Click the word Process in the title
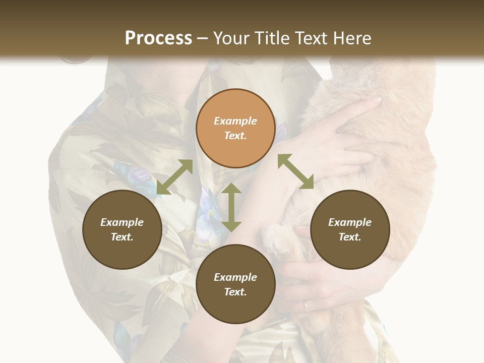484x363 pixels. pos(158,38)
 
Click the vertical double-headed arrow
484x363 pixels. pos(231,207)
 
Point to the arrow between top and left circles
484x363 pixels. pos(174,177)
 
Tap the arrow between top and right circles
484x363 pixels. pos(295,171)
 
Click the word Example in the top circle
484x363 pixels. pos(235,121)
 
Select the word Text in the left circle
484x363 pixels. pos(122,237)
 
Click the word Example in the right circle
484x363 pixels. pos(350,222)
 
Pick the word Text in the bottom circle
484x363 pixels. pos(235,292)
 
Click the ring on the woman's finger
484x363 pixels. pos(306,306)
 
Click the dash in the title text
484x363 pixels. pos(203,38)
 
